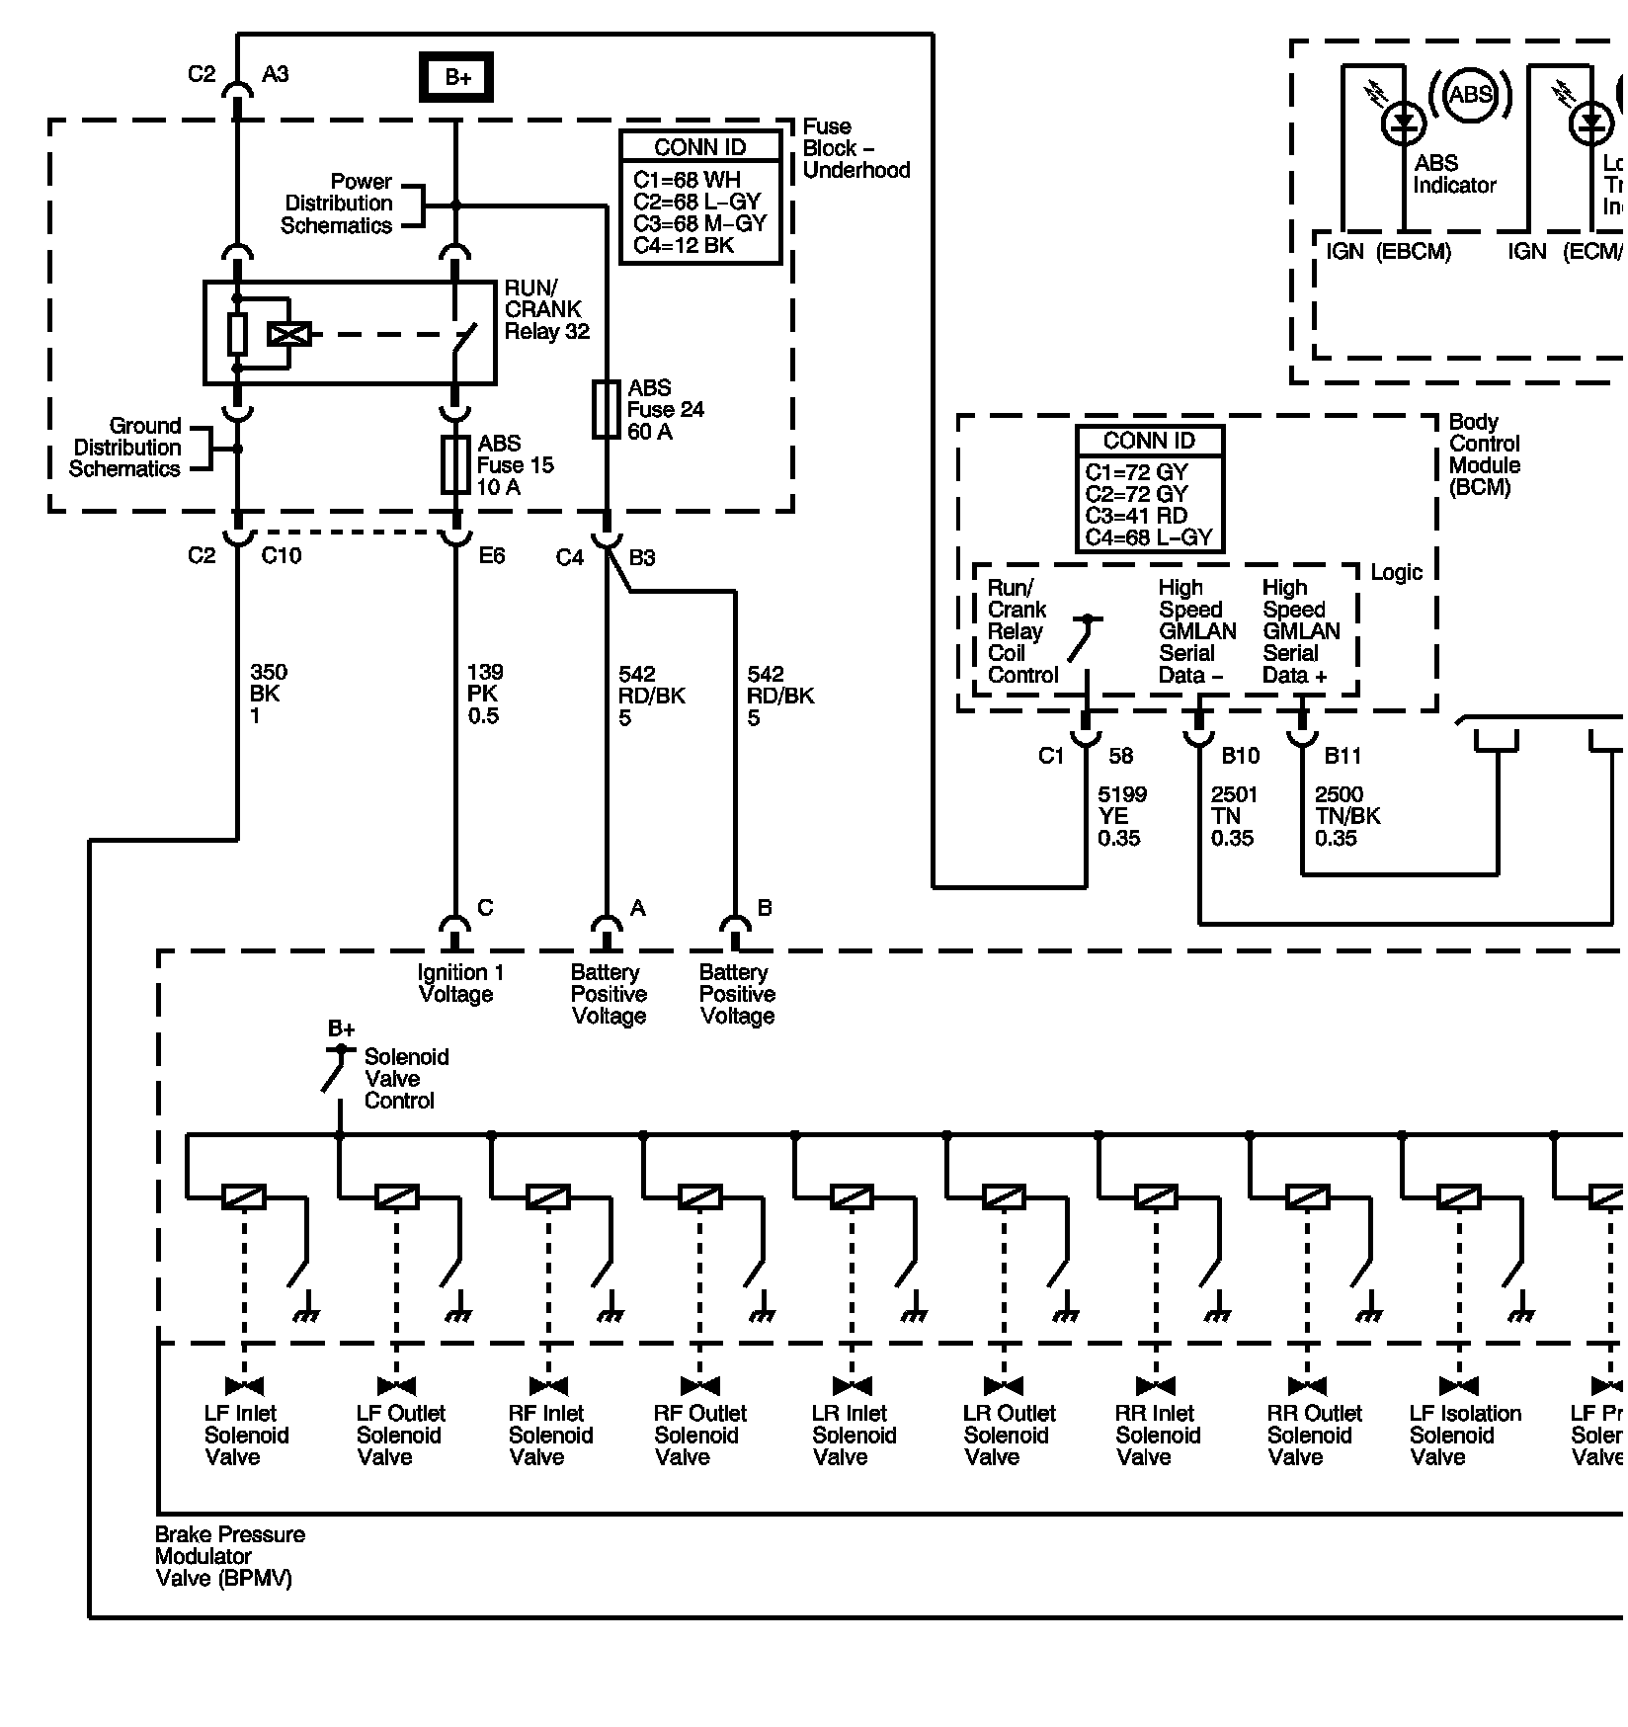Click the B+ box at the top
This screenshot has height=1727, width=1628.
tap(456, 77)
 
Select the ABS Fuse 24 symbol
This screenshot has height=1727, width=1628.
tap(606, 409)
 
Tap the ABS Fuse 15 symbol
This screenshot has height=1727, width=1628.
tap(455, 464)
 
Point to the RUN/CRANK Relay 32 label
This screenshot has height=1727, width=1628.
tap(546, 310)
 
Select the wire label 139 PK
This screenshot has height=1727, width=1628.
tap(484, 694)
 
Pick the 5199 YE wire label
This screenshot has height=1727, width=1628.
tap(1118, 816)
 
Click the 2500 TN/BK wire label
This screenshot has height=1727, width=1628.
tap(1346, 816)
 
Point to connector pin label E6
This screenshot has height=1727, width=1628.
tap(492, 556)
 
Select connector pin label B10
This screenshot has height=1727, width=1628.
tap(1241, 756)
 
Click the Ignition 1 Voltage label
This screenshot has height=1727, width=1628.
tap(459, 983)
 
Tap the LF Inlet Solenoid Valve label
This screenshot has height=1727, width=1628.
tap(245, 1435)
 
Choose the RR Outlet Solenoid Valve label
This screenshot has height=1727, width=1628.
tap(1313, 1435)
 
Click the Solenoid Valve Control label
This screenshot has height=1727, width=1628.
tap(406, 1079)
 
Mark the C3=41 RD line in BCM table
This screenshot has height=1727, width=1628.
tap(1136, 516)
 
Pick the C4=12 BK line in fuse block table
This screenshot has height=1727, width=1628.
tap(684, 245)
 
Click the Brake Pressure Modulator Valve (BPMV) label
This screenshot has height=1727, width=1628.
tap(229, 1556)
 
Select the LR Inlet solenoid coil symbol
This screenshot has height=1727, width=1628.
tap(852, 1197)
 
